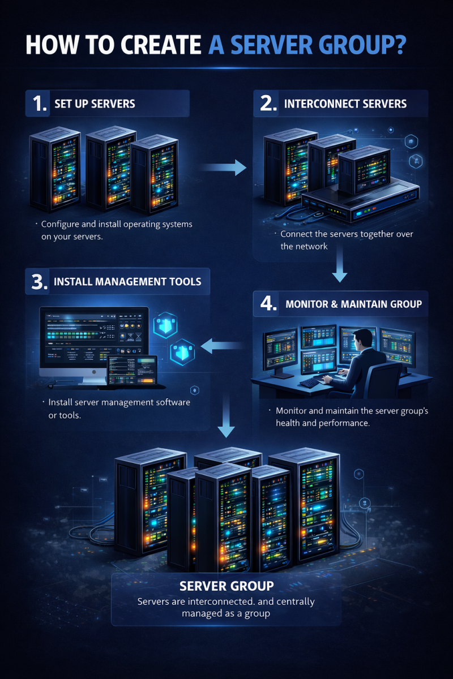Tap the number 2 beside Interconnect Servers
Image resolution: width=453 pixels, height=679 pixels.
coord(268,104)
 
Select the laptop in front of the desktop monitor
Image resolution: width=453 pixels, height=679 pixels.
coord(133,371)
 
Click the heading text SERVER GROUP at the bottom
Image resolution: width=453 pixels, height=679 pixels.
coord(226,586)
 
